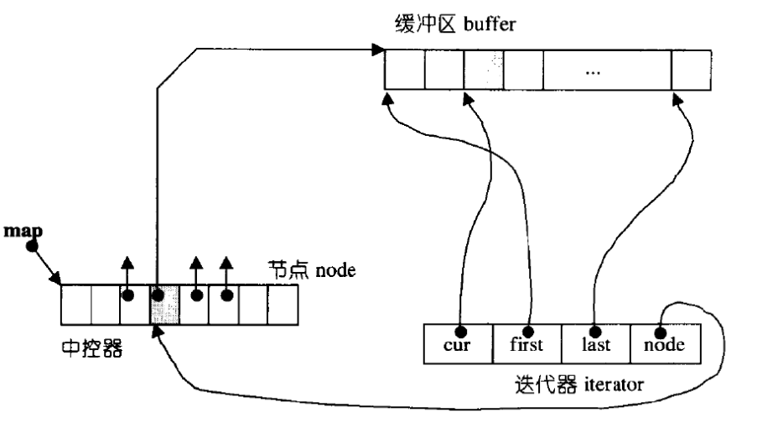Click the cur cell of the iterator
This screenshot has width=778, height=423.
[459, 344]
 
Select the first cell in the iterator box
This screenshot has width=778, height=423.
[527, 344]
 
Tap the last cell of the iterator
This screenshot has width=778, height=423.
[596, 344]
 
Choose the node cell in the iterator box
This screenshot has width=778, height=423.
[666, 344]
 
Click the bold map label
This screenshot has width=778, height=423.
[23, 231]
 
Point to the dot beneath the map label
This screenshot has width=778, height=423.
[32, 246]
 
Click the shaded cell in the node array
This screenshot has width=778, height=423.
[164, 305]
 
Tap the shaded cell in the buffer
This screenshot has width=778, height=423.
[484, 70]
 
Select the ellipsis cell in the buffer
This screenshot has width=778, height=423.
[607, 70]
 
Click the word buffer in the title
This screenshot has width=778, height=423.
[490, 23]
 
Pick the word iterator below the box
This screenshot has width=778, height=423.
[615, 384]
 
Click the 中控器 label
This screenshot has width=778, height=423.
[92, 348]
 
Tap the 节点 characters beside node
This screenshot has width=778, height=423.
[288, 270]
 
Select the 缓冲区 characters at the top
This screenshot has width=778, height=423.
[425, 23]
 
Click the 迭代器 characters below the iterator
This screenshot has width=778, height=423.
[546, 384]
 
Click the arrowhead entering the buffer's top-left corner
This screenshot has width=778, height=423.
[379, 50]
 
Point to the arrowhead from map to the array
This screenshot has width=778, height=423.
[54, 279]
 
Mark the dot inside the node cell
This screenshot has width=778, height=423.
[661, 332]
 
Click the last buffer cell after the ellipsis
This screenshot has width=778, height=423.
[691, 70]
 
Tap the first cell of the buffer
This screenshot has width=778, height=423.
[405, 70]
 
